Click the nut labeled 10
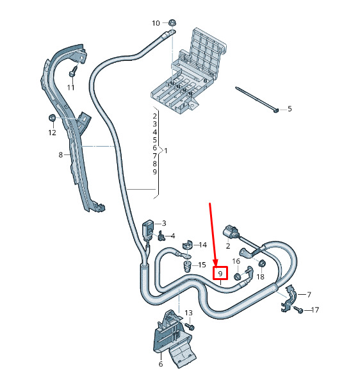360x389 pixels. pyautogui.click(x=171, y=22)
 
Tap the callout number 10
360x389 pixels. pyautogui.click(x=156, y=23)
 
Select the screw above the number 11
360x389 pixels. pyautogui.click(x=73, y=71)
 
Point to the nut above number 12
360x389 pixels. pyautogui.click(x=52, y=117)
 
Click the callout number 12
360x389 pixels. pyautogui.click(x=52, y=133)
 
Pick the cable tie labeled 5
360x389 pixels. pyautogui.click(x=257, y=99)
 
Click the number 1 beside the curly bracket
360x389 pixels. pyautogui.click(x=166, y=151)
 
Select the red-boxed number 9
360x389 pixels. pyautogui.click(x=220, y=274)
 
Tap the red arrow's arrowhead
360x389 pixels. pyautogui.click(x=216, y=261)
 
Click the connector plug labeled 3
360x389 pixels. pyautogui.click(x=147, y=231)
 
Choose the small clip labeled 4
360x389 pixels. pyautogui.click(x=161, y=236)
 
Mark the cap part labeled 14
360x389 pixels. pyautogui.click(x=187, y=245)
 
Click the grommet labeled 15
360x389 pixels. pyautogui.click(x=188, y=267)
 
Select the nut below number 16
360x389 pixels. pyautogui.click(x=238, y=276)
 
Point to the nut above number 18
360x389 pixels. pyautogui.click(x=261, y=263)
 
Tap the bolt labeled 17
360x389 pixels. pyautogui.click(x=299, y=309)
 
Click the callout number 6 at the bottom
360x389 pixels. pyautogui.click(x=161, y=364)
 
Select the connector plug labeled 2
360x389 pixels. pyautogui.click(x=231, y=232)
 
